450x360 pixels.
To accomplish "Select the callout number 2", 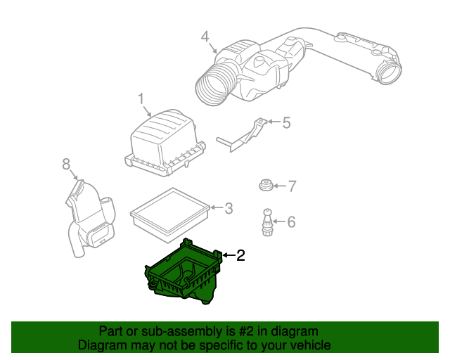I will (x=240, y=256).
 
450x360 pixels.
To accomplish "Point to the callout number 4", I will (x=205, y=36).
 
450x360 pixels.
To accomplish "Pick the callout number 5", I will (x=285, y=123).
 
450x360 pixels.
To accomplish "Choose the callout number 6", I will (x=291, y=222).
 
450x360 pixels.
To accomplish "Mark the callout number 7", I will (x=292, y=186).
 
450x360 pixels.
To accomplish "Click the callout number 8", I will (x=66, y=164).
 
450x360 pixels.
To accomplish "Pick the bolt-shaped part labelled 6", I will (x=268, y=220).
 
